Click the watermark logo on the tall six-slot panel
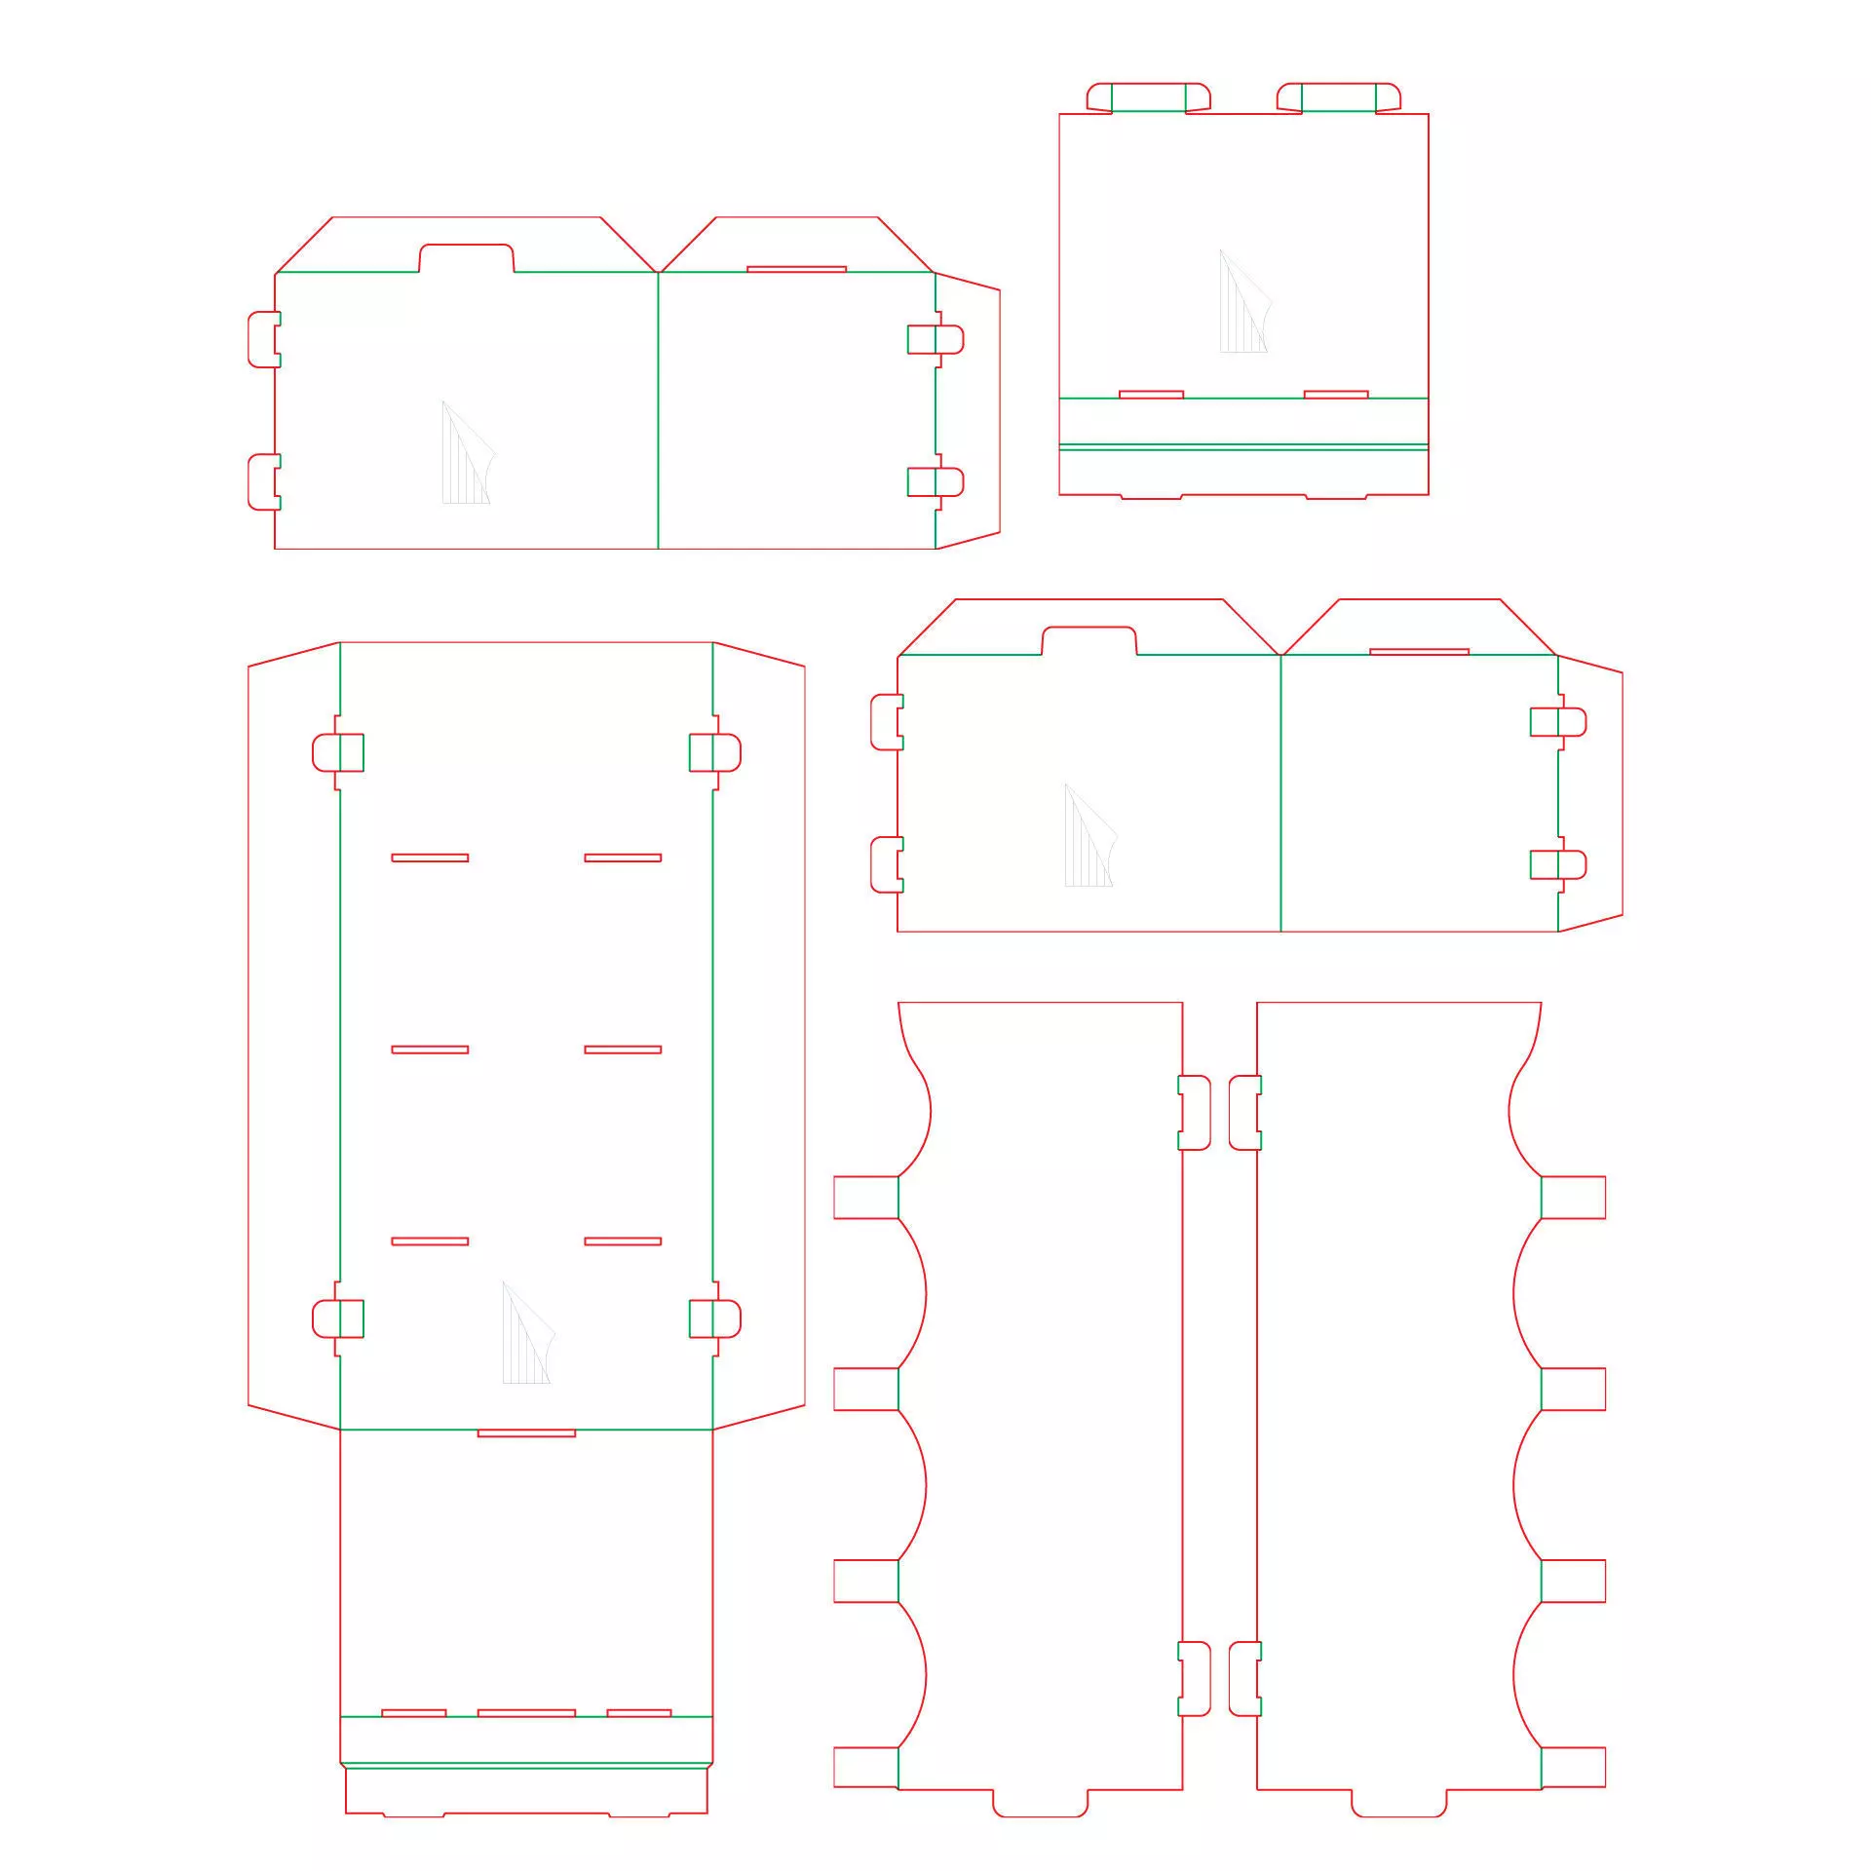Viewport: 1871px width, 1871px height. pos(526,1335)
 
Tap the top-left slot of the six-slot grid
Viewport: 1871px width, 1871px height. pos(430,858)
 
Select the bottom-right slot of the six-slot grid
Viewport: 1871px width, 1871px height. pos(623,1241)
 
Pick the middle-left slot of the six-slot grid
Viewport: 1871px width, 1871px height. pos(430,1050)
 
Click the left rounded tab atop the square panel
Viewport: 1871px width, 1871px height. pos(1148,97)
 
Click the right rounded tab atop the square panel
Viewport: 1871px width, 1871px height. pos(1339,97)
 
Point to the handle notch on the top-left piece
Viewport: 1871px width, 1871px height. pos(466,258)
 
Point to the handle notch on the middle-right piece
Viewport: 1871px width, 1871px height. pos(1088,641)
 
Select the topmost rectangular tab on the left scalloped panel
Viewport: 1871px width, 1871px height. pos(865,1198)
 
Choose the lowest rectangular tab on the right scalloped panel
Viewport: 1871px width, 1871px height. pos(1573,1768)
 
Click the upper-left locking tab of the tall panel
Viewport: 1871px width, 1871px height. pos(337,752)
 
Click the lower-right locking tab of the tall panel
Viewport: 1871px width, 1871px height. pos(715,1318)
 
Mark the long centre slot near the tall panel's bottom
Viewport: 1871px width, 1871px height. pos(526,1712)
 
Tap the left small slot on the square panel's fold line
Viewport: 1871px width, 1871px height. pos(1151,395)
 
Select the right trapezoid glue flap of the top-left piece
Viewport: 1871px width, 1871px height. pos(969,409)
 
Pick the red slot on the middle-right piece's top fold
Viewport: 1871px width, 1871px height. pos(1419,651)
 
